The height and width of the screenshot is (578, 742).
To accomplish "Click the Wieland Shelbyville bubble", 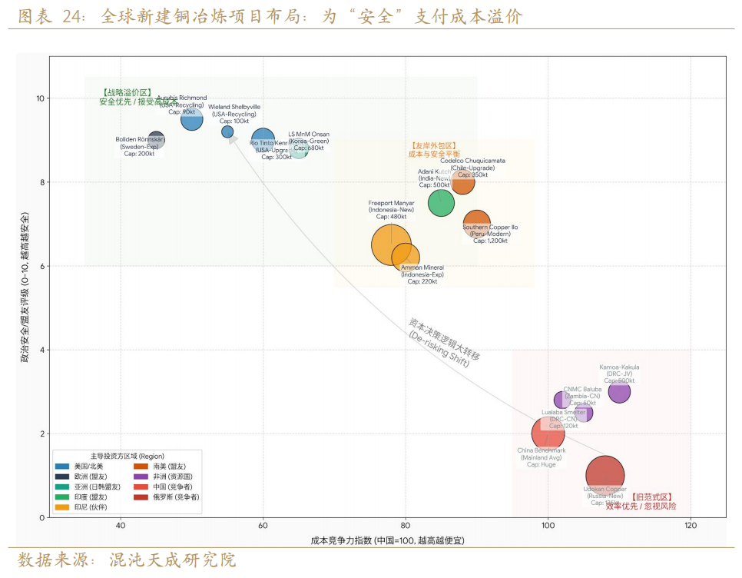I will (x=227, y=132).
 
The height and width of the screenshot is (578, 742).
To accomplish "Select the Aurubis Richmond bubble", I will (x=191, y=119).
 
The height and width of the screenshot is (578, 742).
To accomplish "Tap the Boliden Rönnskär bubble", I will (x=156, y=140).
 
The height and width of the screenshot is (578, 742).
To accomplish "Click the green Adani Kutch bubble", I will (x=441, y=202).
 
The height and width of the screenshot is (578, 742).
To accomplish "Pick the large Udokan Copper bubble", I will (x=605, y=476).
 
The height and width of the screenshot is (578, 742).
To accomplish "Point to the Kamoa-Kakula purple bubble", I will (x=619, y=392).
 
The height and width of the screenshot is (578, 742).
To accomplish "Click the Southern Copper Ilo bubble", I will (x=476, y=224).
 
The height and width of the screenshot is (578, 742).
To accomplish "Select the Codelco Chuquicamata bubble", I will (x=462, y=182).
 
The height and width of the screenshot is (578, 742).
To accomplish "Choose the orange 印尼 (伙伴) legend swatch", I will (x=62, y=507).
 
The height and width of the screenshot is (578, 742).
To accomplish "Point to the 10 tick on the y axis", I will (x=39, y=98).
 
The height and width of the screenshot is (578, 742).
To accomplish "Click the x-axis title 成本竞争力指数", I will (x=387, y=541).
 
